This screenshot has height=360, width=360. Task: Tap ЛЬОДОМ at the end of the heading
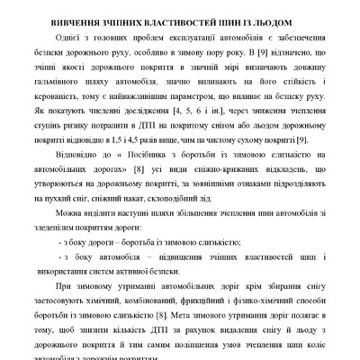click(x=283, y=20)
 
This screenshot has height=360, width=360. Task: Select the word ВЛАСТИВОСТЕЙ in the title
click(x=185, y=20)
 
